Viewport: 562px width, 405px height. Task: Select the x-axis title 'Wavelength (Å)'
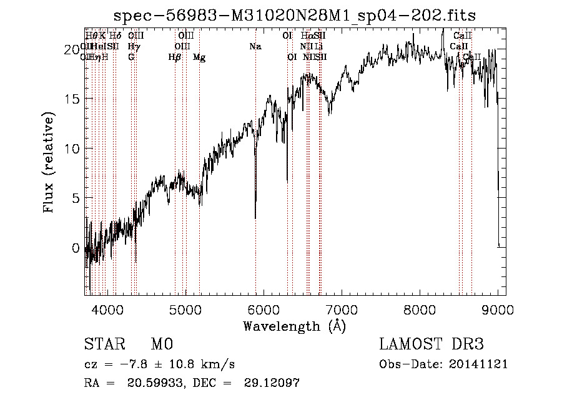pos(294,326)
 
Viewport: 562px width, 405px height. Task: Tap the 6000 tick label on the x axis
pos(264,309)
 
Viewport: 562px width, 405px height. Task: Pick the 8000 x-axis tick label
pos(420,309)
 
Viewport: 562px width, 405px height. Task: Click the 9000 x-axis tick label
pos(498,309)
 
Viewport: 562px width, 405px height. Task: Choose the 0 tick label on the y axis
pos(75,248)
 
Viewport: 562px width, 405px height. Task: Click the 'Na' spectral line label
pos(255,46)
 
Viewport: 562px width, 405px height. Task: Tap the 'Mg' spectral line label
pos(199,57)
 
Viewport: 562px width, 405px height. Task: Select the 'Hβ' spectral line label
pos(175,57)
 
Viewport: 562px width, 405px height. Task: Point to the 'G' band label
pos(131,57)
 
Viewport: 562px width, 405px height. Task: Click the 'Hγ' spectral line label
pos(133,46)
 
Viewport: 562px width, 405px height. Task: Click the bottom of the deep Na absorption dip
pos(255,218)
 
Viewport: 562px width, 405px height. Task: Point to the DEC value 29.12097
pos(273,383)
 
